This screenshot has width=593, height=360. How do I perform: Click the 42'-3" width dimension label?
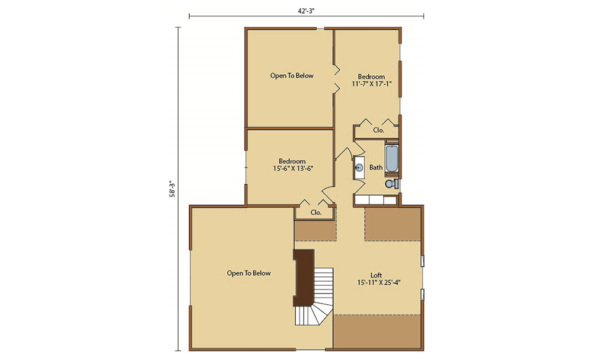306,11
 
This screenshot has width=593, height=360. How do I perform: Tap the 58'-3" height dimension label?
172,189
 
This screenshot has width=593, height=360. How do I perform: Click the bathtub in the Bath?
391,158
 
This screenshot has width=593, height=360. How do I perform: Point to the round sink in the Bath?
359,167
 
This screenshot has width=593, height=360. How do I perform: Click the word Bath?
376,167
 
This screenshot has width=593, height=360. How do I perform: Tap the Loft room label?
377,275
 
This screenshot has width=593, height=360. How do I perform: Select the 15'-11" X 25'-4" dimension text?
378,282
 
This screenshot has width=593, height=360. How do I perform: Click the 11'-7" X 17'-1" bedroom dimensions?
371,84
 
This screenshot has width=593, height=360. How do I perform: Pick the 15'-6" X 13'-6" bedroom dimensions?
293,168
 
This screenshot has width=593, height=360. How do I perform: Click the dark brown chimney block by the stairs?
304,278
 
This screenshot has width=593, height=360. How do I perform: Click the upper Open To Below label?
292,76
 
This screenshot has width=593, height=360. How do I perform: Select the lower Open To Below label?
249,273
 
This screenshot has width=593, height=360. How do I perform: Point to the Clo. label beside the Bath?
378,130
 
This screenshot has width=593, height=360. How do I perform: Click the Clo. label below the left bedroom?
316,212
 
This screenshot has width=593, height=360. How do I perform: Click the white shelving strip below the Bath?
376,200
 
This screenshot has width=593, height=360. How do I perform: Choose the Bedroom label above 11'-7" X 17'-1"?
371,77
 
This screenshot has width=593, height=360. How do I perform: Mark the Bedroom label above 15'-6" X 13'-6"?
292,161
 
